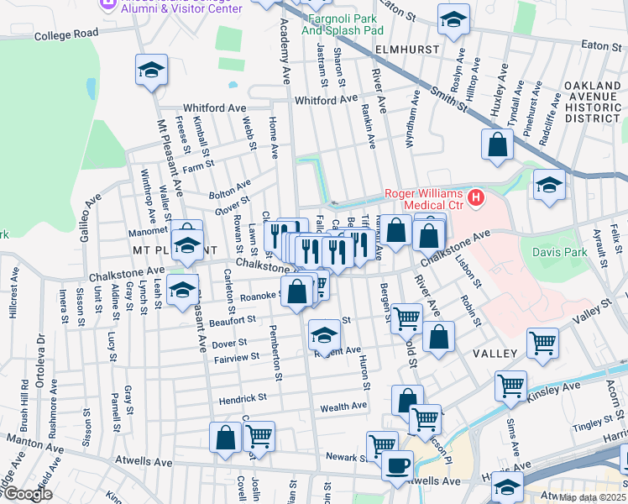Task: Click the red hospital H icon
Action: click(x=477, y=198)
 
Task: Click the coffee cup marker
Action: click(x=397, y=464)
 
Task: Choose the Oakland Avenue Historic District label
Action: click(x=594, y=102)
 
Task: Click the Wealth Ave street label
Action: click(x=343, y=406)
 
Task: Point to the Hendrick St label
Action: click(x=243, y=397)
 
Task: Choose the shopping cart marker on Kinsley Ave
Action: click(x=510, y=385)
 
